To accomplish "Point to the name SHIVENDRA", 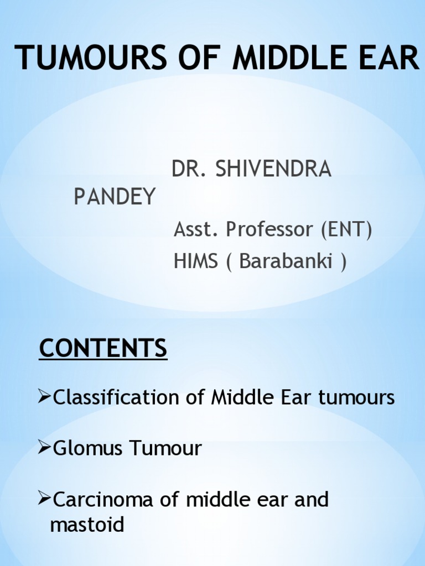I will [273, 170].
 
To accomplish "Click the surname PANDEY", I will [115, 197].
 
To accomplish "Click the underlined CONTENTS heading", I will [103, 348].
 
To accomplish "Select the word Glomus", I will [88, 448].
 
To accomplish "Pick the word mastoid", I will [87, 525].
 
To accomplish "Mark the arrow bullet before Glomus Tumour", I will [44, 448].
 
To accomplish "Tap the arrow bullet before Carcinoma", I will [44, 499].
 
